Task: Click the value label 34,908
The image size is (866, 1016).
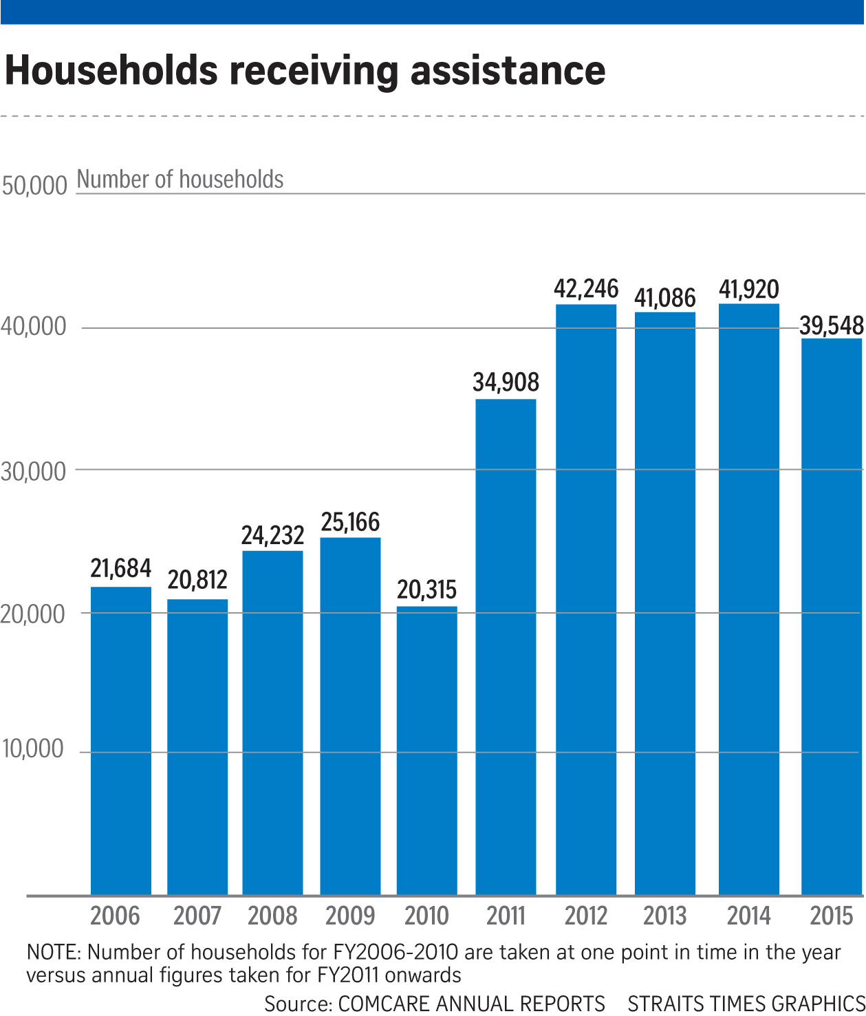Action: pyautogui.click(x=506, y=382)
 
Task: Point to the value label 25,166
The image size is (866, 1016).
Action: pyautogui.click(x=350, y=523)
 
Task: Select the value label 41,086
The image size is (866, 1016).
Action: pyautogui.click(x=665, y=298)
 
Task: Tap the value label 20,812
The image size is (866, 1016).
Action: pyautogui.click(x=197, y=581)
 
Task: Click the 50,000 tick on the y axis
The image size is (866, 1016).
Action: pyautogui.click(x=34, y=186)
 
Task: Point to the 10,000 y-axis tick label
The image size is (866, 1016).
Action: pyautogui.click(x=33, y=749)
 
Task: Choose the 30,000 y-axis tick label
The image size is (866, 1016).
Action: pyautogui.click(x=33, y=472)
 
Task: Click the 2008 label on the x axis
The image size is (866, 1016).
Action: pyautogui.click(x=272, y=916)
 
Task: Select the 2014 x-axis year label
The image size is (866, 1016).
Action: pyautogui.click(x=749, y=916)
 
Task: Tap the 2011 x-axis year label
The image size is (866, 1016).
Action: pyautogui.click(x=506, y=916)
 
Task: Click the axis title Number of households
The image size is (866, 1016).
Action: pyautogui.click(x=180, y=180)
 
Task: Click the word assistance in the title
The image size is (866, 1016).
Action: pyautogui.click(x=508, y=71)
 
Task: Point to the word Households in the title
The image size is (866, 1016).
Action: pyautogui.click(x=111, y=71)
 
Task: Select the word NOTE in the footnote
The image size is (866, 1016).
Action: pyautogui.click(x=54, y=953)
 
